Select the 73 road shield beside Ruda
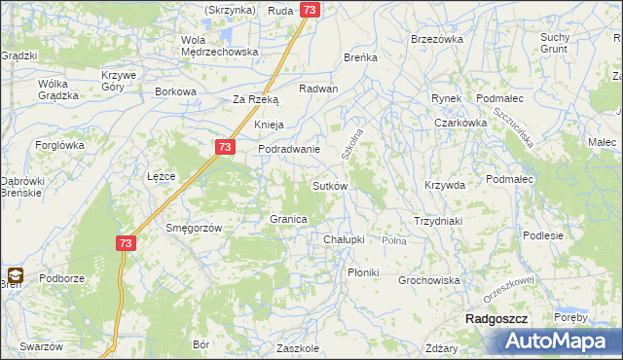coord(310,10)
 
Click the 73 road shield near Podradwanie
coord(225,147)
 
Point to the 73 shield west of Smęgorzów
coord(125,243)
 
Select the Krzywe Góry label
coord(120,80)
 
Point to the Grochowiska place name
coord(428,280)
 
